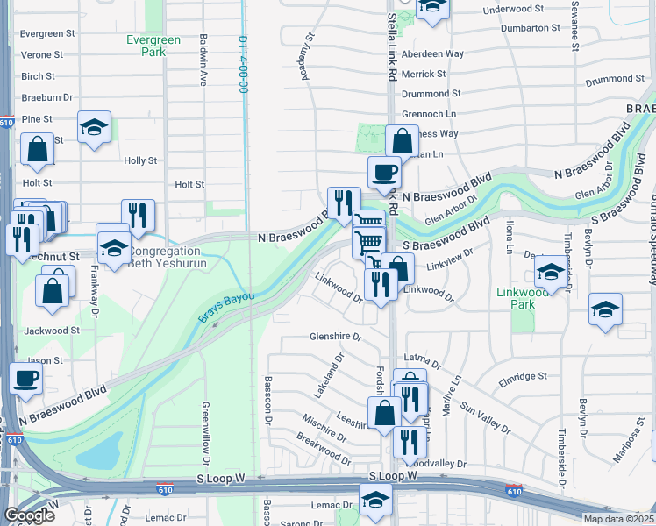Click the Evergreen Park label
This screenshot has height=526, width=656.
tap(153, 46)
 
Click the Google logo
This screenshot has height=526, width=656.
tap(30, 515)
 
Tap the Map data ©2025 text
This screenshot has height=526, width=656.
tap(617, 519)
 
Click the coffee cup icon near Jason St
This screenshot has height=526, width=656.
tap(25, 379)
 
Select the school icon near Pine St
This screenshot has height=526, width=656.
tap(94, 128)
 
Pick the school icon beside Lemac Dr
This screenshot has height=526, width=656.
tap(375, 500)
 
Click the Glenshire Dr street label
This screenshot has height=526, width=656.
tap(336, 337)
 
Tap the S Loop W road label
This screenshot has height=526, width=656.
tap(390, 476)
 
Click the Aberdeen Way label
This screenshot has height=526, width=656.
tap(432, 53)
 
